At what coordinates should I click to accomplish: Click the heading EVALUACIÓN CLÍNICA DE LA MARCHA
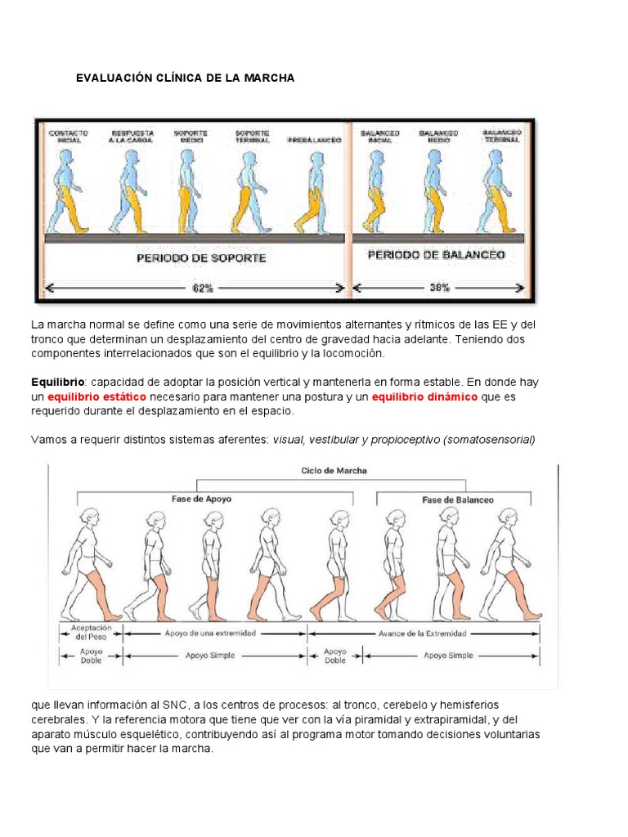[x=185, y=78]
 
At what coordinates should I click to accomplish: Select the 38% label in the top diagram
[x=439, y=289]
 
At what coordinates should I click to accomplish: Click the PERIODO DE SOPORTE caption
[x=202, y=257]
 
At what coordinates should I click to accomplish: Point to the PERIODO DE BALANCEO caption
[x=437, y=255]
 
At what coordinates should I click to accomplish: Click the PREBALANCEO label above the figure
[x=314, y=140]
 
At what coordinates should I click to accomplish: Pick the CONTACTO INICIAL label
[x=68, y=136]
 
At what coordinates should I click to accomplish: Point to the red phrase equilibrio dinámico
[x=424, y=396]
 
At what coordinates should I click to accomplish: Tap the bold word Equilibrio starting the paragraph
[x=57, y=382]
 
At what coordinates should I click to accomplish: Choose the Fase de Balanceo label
[x=458, y=499]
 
